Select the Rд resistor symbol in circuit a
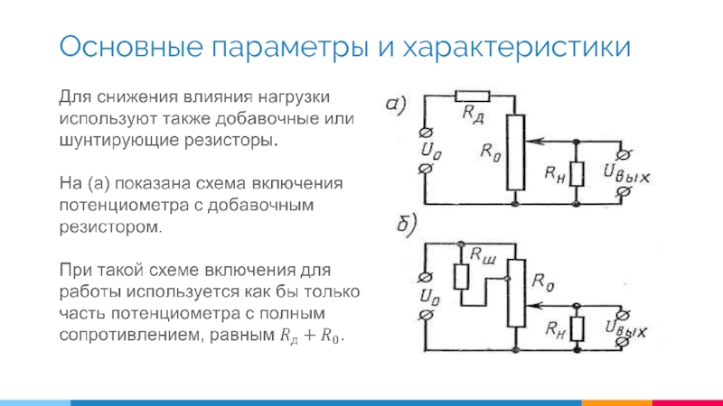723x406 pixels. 471,95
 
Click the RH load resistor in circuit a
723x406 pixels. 578,174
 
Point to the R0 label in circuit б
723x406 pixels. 543,282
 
